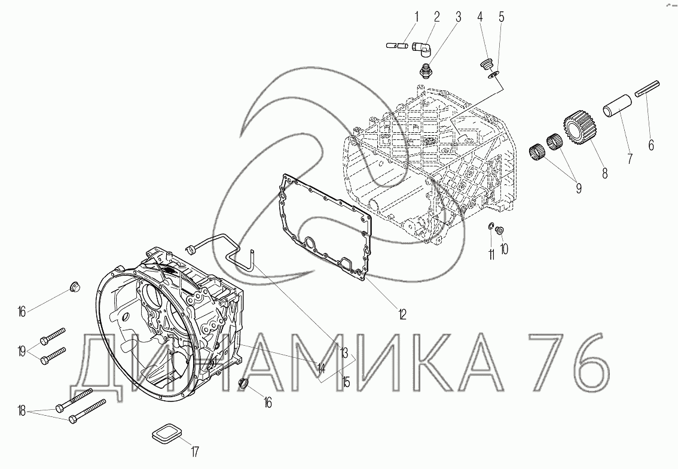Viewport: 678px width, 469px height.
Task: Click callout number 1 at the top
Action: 416,17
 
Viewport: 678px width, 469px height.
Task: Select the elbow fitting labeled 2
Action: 422,48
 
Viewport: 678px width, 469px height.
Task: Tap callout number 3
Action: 458,17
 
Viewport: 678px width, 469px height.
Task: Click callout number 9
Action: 578,188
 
